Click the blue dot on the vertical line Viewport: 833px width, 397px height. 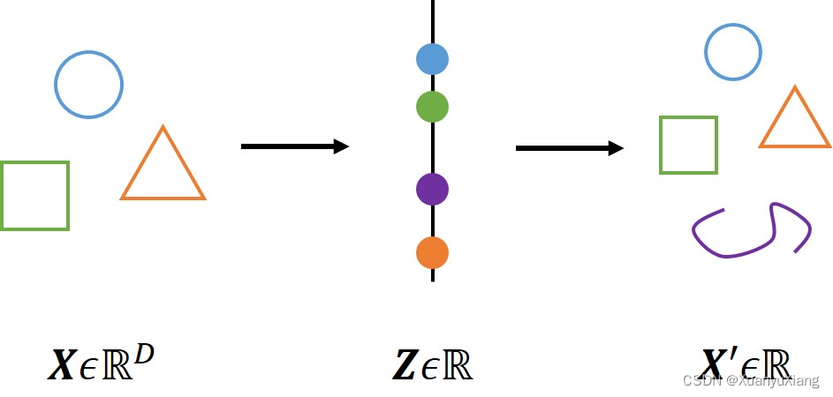[x=433, y=59]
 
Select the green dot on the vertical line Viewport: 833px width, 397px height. [x=433, y=107]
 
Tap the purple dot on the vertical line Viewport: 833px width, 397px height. [x=433, y=189]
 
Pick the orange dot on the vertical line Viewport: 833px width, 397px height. [x=433, y=253]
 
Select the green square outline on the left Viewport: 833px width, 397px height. [x=34, y=163]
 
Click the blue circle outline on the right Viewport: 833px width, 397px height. [x=733, y=27]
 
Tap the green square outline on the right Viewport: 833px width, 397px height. [x=688, y=118]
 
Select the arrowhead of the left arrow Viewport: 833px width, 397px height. [x=341, y=146]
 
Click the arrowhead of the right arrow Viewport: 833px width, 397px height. [x=616, y=148]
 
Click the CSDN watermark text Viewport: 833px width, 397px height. [x=751, y=381]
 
